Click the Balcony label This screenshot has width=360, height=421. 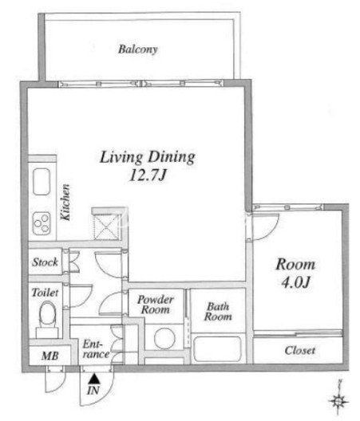tap(137, 49)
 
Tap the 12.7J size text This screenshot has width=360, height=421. tap(148, 175)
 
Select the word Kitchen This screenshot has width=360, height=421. tap(65, 203)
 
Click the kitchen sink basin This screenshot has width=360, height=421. tap(42, 182)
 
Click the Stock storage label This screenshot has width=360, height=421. tap(45, 262)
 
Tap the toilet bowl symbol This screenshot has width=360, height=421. tap(48, 314)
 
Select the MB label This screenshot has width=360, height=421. tap(50, 356)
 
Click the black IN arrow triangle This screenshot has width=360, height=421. tap(94, 379)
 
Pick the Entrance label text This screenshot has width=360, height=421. tap(96, 349)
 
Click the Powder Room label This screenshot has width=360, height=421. tap(156, 305)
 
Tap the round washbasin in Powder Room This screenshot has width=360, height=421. tap(164, 338)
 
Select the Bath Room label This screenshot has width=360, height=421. tap(218, 312)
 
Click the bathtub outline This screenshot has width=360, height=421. tap(217, 348)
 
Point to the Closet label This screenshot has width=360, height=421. tap(300, 350)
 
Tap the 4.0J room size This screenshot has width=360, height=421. tap(296, 282)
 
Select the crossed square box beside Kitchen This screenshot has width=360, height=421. tap(106, 227)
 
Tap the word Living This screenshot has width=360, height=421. tap(121, 157)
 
